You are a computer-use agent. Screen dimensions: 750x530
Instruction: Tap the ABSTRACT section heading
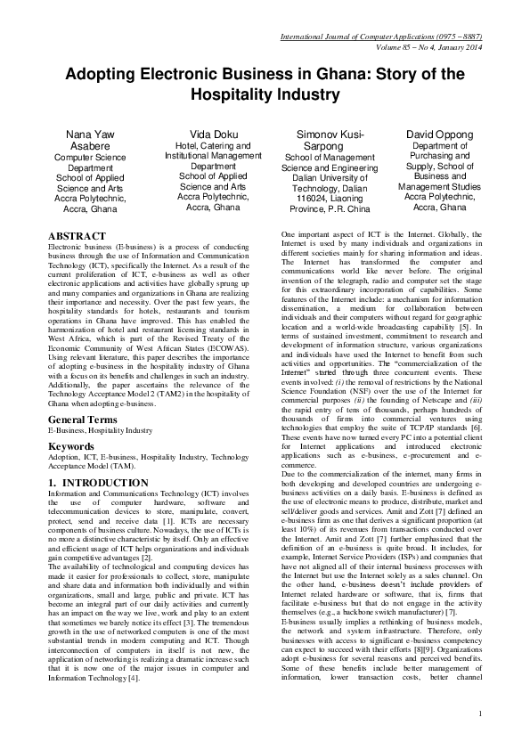pos(80,235)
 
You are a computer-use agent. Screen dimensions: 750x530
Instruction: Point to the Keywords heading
pos(71,420)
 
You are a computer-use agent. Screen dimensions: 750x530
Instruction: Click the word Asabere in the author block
pos(91,146)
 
